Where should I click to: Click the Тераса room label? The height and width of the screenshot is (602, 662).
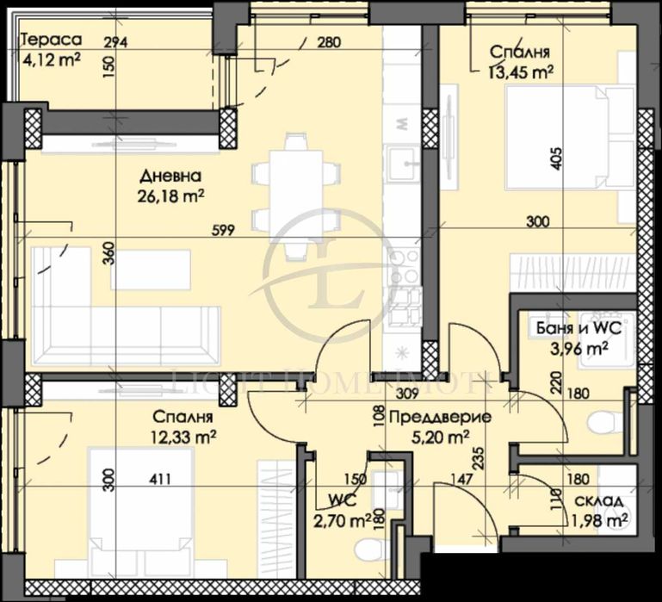point(52,40)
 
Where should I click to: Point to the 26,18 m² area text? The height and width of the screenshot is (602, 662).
point(170,197)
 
